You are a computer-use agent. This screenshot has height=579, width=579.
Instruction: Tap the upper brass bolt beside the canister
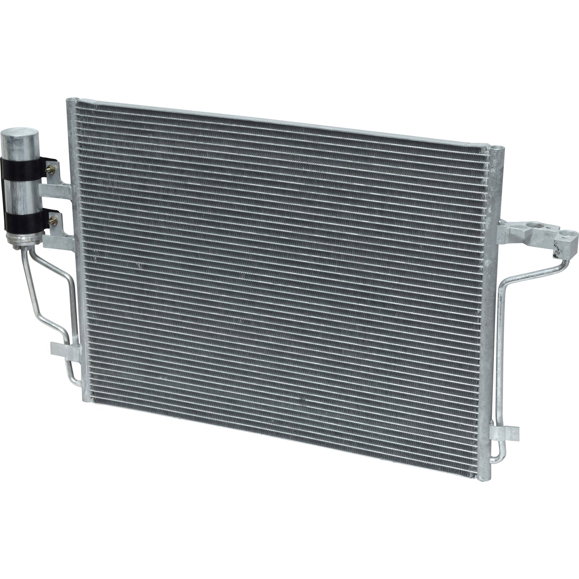coord(51,169)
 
